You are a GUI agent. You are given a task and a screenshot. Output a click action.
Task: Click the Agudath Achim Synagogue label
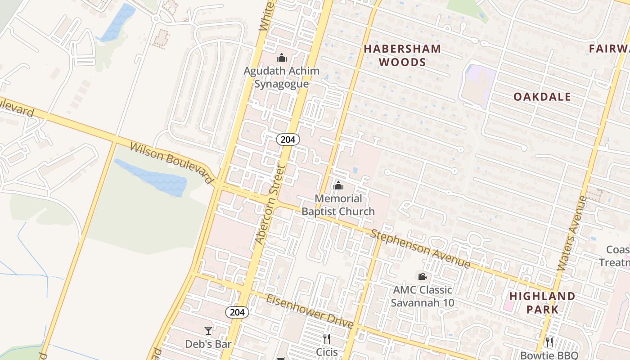[282, 77]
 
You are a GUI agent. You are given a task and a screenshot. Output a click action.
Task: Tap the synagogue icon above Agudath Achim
[282, 58]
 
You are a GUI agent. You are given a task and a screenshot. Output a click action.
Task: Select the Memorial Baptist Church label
[338, 205]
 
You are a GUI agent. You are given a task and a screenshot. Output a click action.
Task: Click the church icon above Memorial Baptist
[338, 185]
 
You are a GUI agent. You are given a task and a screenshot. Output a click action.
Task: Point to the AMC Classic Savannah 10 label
[422, 296]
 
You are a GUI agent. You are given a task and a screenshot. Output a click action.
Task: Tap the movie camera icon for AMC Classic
[422, 276]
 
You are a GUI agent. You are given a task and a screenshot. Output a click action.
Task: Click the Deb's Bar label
[208, 344]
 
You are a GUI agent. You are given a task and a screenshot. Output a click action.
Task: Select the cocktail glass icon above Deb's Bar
[208, 331]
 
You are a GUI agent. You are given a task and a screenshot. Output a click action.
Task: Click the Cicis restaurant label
[327, 352]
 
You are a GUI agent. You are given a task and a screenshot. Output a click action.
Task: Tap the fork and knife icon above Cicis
[327, 338]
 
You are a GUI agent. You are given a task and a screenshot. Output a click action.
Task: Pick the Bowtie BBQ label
[549, 355]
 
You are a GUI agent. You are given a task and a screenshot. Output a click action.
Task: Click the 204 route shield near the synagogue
[288, 139]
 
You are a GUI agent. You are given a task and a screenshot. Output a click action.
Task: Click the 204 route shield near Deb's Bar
[237, 312]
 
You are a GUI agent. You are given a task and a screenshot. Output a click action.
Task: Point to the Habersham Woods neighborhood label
[402, 55]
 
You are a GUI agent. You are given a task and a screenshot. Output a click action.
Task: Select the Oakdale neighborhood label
[542, 97]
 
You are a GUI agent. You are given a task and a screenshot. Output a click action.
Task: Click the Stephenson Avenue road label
[420, 249]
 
